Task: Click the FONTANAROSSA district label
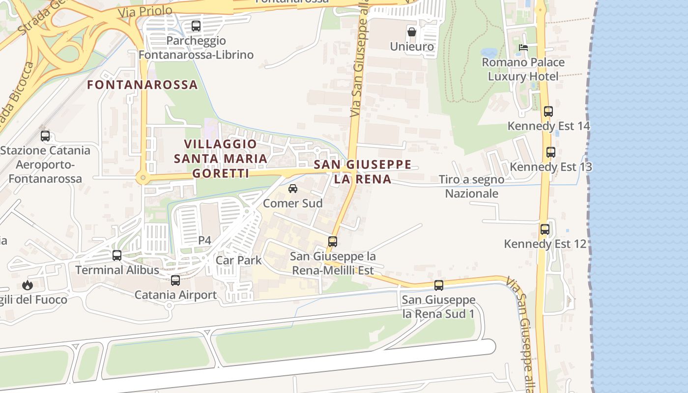point(143,84)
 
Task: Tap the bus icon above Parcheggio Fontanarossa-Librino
point(196,26)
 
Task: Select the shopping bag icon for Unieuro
point(411,32)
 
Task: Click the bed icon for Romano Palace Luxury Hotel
point(523,48)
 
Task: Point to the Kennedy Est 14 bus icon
point(548,112)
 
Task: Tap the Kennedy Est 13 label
point(550,167)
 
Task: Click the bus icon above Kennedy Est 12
point(545,229)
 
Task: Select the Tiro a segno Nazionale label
point(471,187)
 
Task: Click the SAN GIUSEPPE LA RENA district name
point(362,171)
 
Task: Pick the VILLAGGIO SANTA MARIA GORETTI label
point(221,159)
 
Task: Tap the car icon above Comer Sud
point(293,189)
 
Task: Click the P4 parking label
point(204,240)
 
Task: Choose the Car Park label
point(239,260)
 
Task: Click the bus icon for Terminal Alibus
point(117,255)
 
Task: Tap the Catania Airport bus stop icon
point(175,281)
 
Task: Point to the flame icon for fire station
point(27,285)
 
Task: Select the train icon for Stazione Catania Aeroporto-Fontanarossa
point(45,136)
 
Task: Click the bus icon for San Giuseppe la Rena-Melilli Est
point(333,241)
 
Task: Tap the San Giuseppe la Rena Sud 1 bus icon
point(439,285)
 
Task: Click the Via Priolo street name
point(145,11)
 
